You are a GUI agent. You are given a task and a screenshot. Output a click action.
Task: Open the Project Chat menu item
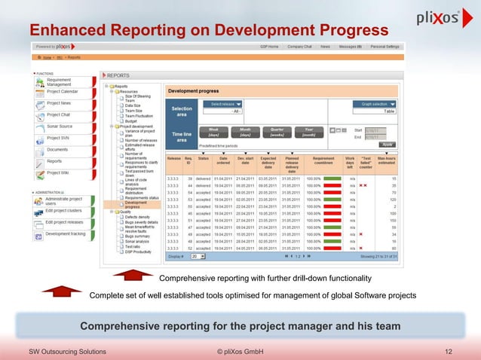pyautogui.click(x=58, y=115)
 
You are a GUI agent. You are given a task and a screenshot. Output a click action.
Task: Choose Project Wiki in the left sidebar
pyautogui.click(x=58, y=172)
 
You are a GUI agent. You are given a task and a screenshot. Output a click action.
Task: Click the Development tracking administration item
pyautogui.click(x=64, y=233)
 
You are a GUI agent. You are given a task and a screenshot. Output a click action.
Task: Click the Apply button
pyautogui.click(x=388, y=144)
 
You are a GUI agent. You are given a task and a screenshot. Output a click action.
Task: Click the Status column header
pyautogui.click(x=204, y=159)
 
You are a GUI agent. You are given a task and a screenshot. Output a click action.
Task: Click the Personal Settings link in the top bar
pyautogui.click(x=383, y=47)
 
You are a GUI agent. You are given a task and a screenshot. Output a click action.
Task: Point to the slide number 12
pyautogui.click(x=449, y=352)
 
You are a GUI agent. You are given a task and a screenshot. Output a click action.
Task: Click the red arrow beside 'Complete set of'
pyautogui.click(x=62, y=294)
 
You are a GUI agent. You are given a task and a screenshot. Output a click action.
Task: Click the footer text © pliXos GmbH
pyautogui.click(x=240, y=352)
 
